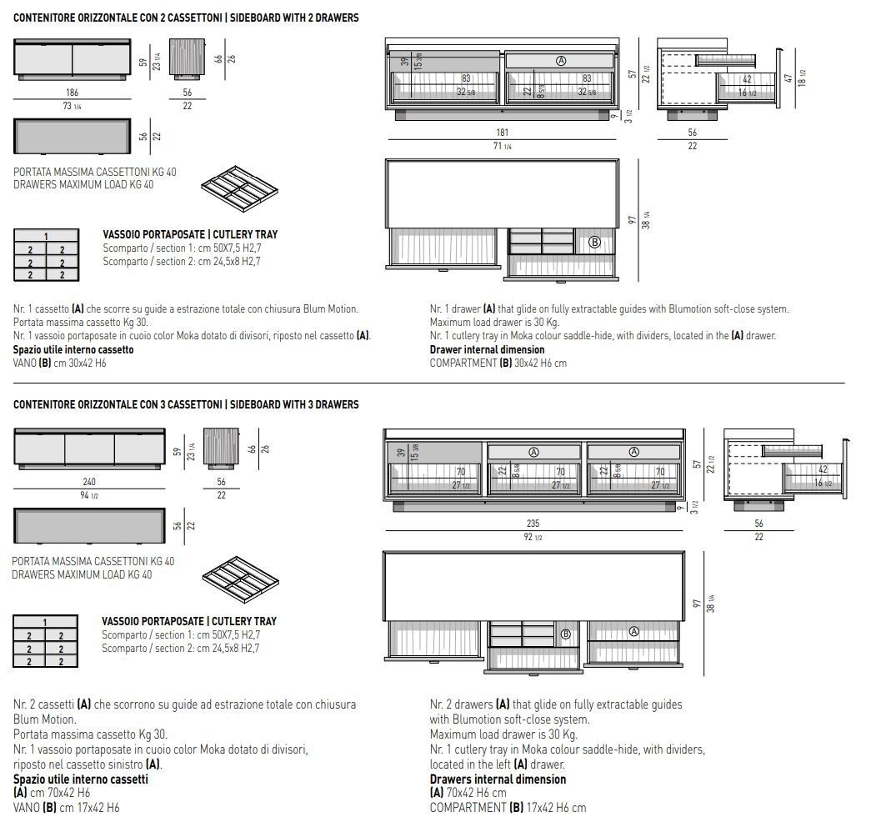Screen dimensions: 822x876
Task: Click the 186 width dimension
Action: point(72,93)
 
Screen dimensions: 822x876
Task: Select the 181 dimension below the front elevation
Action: point(502,133)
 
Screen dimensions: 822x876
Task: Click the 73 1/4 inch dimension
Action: point(72,106)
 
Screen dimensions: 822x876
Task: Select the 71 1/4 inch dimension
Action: point(502,146)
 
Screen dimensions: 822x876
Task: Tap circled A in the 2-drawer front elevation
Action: point(561,61)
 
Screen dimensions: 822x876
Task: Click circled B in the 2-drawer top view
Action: point(594,242)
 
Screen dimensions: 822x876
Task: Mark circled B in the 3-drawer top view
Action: point(565,634)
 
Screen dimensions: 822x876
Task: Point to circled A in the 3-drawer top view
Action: point(633,632)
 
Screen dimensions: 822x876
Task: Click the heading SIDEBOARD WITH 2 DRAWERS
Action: point(293,18)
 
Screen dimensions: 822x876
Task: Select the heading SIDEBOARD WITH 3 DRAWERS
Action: point(293,405)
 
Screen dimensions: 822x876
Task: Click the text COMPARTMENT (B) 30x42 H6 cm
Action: point(498,363)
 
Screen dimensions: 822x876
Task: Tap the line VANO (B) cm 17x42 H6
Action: point(67,808)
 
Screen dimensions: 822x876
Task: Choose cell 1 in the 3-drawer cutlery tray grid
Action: point(46,622)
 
